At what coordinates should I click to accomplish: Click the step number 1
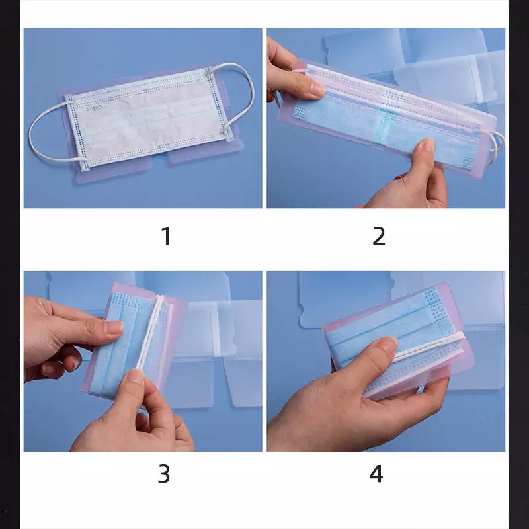[167, 236]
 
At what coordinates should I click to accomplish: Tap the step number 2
[379, 236]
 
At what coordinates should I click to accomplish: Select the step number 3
[164, 473]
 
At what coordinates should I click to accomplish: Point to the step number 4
[376, 473]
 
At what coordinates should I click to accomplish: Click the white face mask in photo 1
[145, 118]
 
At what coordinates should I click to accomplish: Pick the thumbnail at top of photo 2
[317, 89]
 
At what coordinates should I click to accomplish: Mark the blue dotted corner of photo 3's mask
[126, 300]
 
